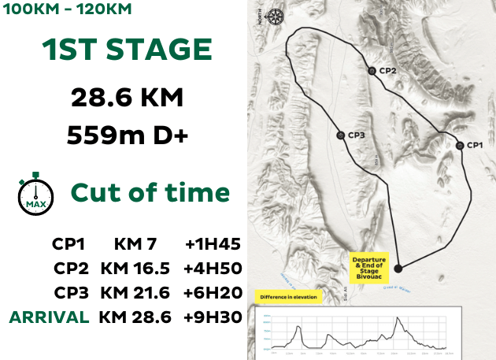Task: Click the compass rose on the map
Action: click(275, 17)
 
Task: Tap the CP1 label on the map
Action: click(474, 145)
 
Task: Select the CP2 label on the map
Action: click(387, 71)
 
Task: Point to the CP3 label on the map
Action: click(356, 135)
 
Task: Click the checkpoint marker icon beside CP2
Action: click(372, 71)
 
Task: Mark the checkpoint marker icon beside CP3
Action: click(340, 135)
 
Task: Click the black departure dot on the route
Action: click(398, 268)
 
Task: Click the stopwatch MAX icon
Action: click(35, 193)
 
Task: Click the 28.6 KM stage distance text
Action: click(127, 98)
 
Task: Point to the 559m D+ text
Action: click(127, 135)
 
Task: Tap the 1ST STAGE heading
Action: click(127, 50)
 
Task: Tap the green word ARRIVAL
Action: click(49, 317)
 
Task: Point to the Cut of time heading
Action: click(150, 193)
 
